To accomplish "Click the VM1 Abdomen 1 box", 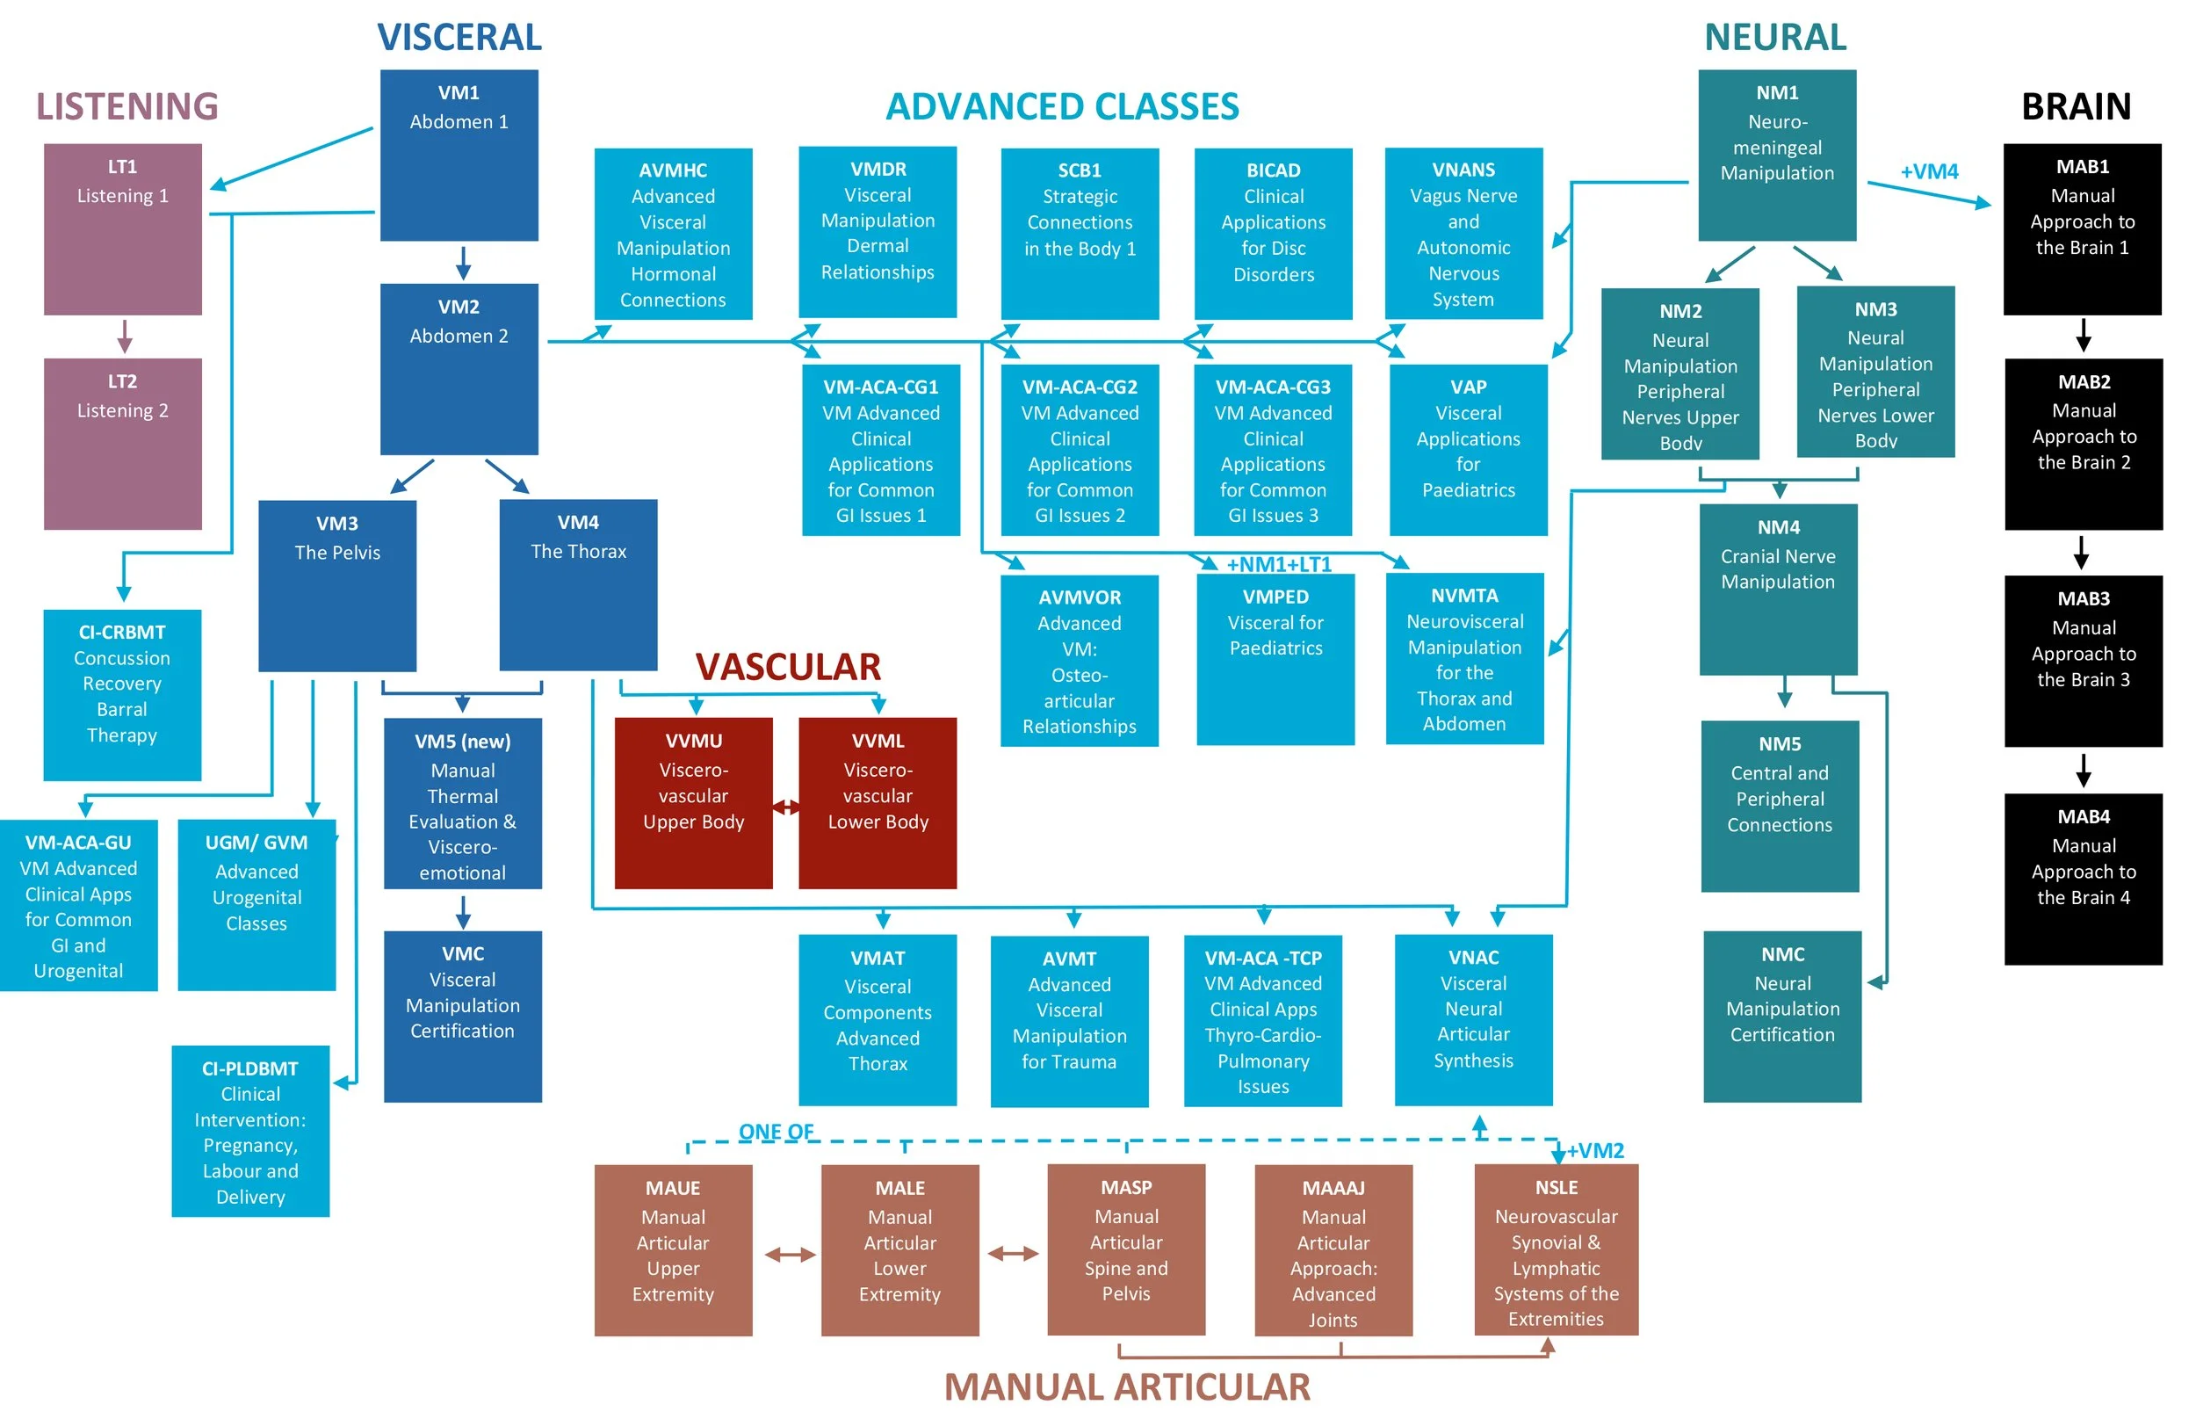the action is pyautogui.click(x=459, y=155).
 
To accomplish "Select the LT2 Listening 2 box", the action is pyautogui.click(x=122, y=443).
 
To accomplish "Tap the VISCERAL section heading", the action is pyautogui.click(x=459, y=37).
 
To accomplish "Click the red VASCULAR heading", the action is pyautogui.click(x=788, y=666).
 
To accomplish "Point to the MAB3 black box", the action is pyautogui.click(x=2083, y=661).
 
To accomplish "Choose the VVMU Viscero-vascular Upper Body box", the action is pyautogui.click(x=694, y=802).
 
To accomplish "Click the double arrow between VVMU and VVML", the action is pyautogui.click(x=786, y=807).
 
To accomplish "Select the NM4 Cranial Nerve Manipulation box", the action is pyautogui.click(x=1778, y=589).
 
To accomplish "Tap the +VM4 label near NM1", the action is pyautogui.click(x=1929, y=171).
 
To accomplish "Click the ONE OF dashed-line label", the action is pyautogui.click(x=776, y=1131).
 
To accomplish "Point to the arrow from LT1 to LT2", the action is pyautogui.click(x=125, y=337).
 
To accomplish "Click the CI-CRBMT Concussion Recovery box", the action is pyautogui.click(x=122, y=695).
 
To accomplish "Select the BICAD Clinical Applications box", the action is pyautogui.click(x=1273, y=234).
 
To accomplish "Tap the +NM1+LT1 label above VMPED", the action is pyautogui.click(x=1279, y=564).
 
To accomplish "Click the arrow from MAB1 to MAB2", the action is pyautogui.click(x=2083, y=336).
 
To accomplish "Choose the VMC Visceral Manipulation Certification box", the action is pyautogui.click(x=462, y=1017).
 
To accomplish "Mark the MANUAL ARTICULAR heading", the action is pyautogui.click(x=1127, y=1386).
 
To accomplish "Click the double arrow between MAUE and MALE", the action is pyautogui.click(x=790, y=1254).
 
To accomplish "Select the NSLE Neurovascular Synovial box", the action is pyautogui.click(x=1556, y=1249).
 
